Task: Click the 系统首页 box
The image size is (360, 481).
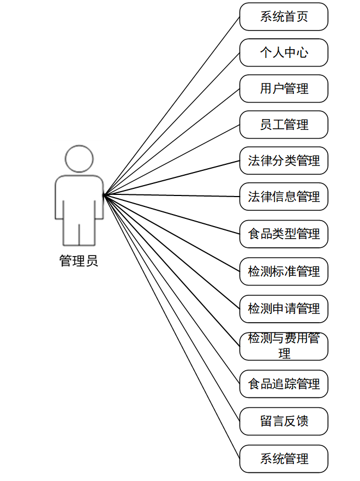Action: coord(284,16)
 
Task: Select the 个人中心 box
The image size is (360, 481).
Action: coord(284,52)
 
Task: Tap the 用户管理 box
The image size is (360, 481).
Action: coord(284,88)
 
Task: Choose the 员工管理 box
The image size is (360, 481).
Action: coord(284,124)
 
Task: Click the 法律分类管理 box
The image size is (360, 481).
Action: coord(284,161)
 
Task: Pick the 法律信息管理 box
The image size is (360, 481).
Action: coord(284,197)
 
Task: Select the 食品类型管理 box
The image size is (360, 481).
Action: coord(284,234)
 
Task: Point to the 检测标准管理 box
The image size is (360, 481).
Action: coord(284,271)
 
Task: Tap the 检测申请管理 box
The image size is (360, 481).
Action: coord(284,308)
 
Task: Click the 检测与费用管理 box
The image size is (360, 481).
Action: coord(284,346)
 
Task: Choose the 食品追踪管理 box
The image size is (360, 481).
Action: coord(284,384)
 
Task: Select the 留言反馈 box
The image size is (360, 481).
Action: coord(284,421)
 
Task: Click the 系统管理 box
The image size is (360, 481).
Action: coord(284,459)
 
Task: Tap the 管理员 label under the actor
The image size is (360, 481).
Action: coord(79,261)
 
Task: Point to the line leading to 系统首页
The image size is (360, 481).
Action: coord(172,105)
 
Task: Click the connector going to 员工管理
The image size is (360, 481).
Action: coord(172,159)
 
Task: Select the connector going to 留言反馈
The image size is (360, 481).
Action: coord(172,308)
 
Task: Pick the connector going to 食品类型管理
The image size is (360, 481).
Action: coord(172,214)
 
